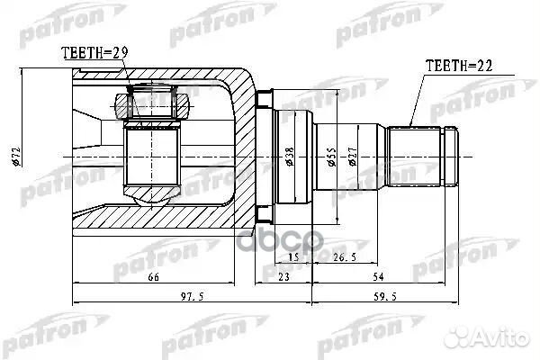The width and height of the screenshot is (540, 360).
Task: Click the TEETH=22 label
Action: click(456, 65)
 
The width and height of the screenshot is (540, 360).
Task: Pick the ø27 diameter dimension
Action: click(356, 157)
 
